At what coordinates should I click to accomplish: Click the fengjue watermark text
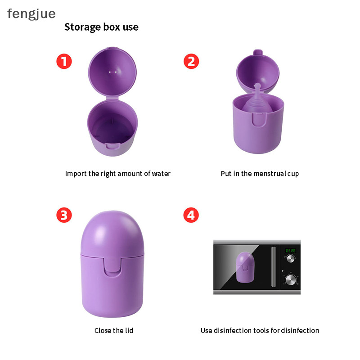pos(31,14)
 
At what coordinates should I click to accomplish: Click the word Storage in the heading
pos(83,27)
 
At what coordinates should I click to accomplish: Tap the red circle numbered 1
pos(64,61)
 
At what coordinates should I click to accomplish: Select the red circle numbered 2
pos(191,61)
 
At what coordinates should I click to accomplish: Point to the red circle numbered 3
pos(64,215)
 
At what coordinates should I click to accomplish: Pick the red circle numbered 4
pos(191,215)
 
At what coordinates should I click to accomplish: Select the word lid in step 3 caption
pos(129,330)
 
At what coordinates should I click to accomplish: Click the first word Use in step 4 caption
pos(207,330)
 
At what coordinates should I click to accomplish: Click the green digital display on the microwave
pos(290,251)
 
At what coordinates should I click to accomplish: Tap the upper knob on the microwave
pos(290,259)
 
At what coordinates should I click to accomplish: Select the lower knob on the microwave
pos(291,279)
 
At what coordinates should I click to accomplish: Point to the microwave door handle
pos(274,266)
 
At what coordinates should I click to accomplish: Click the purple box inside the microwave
pos(245,267)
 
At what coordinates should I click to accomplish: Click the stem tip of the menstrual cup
pos(257,85)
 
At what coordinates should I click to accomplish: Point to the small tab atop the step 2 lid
pos(258,52)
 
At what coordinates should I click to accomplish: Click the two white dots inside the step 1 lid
pos(113,72)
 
